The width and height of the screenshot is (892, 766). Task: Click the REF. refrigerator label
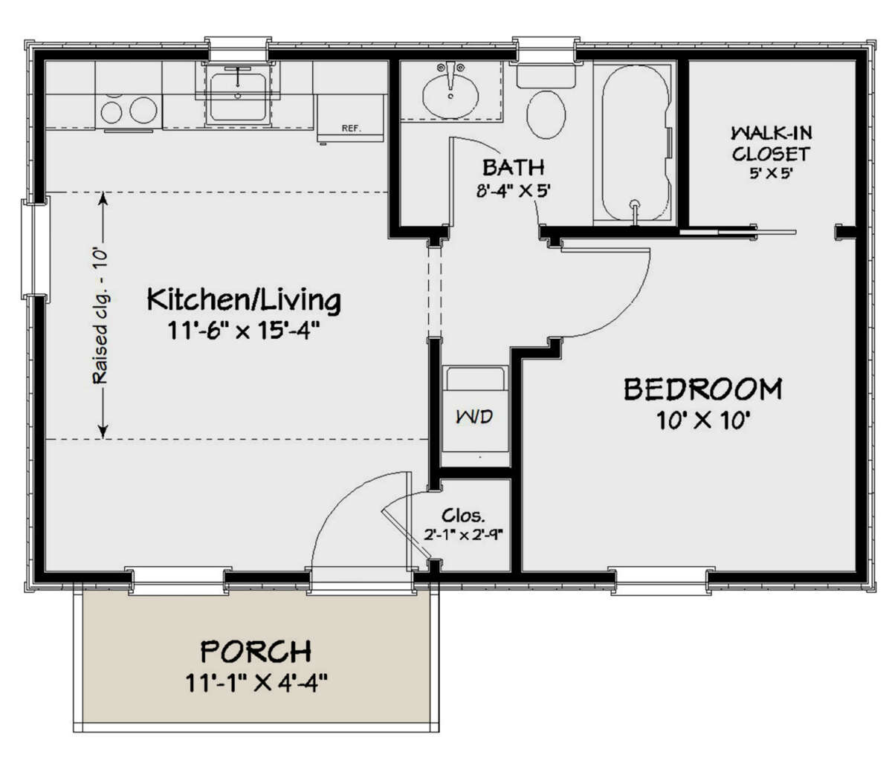coord(351,129)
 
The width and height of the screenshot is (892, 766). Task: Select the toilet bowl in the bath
coord(546,114)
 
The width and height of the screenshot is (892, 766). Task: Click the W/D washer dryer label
coord(474,416)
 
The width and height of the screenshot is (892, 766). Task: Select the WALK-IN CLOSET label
coord(771,143)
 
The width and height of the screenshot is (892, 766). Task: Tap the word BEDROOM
coord(702,389)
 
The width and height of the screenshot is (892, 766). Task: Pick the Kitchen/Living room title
coord(244,300)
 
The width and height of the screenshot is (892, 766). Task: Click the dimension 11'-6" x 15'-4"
coord(244,330)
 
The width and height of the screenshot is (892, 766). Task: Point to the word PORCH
coord(256,652)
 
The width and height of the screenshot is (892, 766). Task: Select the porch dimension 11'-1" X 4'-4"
coord(256,682)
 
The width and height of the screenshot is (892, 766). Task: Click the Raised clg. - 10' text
coord(100,316)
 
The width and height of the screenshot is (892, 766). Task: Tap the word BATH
coord(513,167)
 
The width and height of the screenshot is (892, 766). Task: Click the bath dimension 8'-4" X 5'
coord(513,190)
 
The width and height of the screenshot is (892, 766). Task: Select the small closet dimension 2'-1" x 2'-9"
coord(464,533)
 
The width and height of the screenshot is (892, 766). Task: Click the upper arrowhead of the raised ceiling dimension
coord(103,198)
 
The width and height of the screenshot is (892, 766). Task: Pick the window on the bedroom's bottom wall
coord(660,580)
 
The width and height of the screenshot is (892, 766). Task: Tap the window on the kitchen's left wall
coord(33,249)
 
